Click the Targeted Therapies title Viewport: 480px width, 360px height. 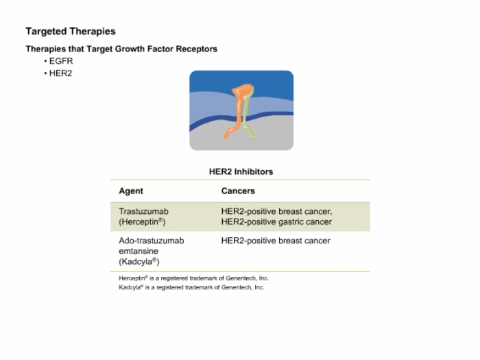coord(71,32)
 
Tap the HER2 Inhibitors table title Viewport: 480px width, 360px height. coord(241,171)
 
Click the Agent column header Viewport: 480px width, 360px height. coord(131,191)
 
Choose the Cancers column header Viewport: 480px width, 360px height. coord(238,191)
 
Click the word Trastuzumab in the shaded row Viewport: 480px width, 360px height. coord(143,211)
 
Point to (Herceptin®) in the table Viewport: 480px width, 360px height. coord(142,222)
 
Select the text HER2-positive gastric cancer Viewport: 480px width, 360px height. coord(276,222)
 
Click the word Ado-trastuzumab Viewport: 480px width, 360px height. coord(152,241)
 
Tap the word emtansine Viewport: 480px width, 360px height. coord(139,252)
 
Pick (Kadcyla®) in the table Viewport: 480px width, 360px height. coord(139,262)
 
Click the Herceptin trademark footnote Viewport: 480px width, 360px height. coord(194,278)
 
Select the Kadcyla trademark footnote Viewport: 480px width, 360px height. coord(191,287)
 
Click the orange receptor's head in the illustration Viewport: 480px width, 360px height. coord(242,91)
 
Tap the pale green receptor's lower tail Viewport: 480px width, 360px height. coord(250,131)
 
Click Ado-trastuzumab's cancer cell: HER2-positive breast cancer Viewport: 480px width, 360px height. coord(276,241)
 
